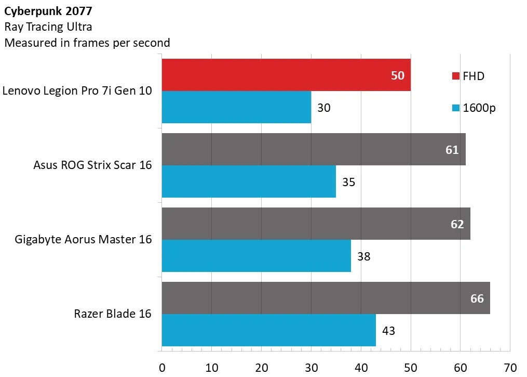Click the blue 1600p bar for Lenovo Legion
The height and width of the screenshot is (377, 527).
tap(236, 108)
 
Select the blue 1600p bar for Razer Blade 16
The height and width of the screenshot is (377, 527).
tap(268, 330)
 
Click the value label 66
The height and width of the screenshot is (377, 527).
tap(477, 298)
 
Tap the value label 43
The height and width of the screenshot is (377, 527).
tap(388, 331)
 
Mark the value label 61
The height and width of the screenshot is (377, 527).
tap(452, 150)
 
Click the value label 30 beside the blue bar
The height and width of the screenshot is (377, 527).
tap(323, 108)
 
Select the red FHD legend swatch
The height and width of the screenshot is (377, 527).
tap(456, 76)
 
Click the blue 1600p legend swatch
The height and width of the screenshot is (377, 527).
tap(456, 108)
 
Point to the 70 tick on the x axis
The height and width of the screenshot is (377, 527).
tap(510, 367)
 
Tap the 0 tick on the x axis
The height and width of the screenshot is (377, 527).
tap(162, 367)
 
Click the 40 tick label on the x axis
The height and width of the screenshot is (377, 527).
tap(361, 367)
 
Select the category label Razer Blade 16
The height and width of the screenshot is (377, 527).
tap(112, 314)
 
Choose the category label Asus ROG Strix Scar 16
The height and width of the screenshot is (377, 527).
tap(92, 165)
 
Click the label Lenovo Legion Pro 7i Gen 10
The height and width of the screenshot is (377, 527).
tap(77, 91)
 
